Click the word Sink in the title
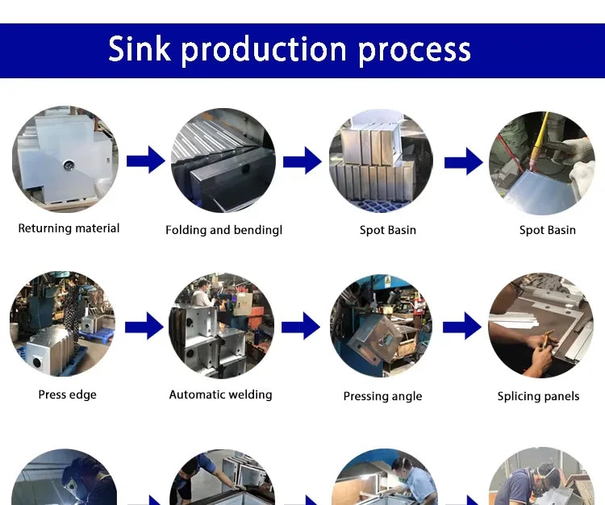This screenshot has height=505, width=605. click(139, 48)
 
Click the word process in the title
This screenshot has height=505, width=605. click(414, 50)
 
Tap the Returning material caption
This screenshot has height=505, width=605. click(69, 228)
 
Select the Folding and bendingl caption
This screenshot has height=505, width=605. click(223, 230)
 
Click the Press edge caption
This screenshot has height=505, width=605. click(67, 394)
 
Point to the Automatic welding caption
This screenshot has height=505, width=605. click(220, 394)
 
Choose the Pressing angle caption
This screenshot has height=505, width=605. click(382, 396)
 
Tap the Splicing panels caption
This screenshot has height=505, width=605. click(538, 396)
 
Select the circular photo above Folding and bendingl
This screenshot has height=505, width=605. click(223, 161)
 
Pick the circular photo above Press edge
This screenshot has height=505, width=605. click(62, 324)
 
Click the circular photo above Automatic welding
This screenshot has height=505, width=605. click(221, 325)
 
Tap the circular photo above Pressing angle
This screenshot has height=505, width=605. click(381, 325)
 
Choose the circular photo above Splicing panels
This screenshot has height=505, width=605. click(540, 325)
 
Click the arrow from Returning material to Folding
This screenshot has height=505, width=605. click(145, 161)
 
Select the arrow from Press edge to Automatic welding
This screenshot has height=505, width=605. click(144, 327)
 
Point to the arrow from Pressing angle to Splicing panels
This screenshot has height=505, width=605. click(462, 326)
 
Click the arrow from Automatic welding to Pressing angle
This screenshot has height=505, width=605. click(301, 326)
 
